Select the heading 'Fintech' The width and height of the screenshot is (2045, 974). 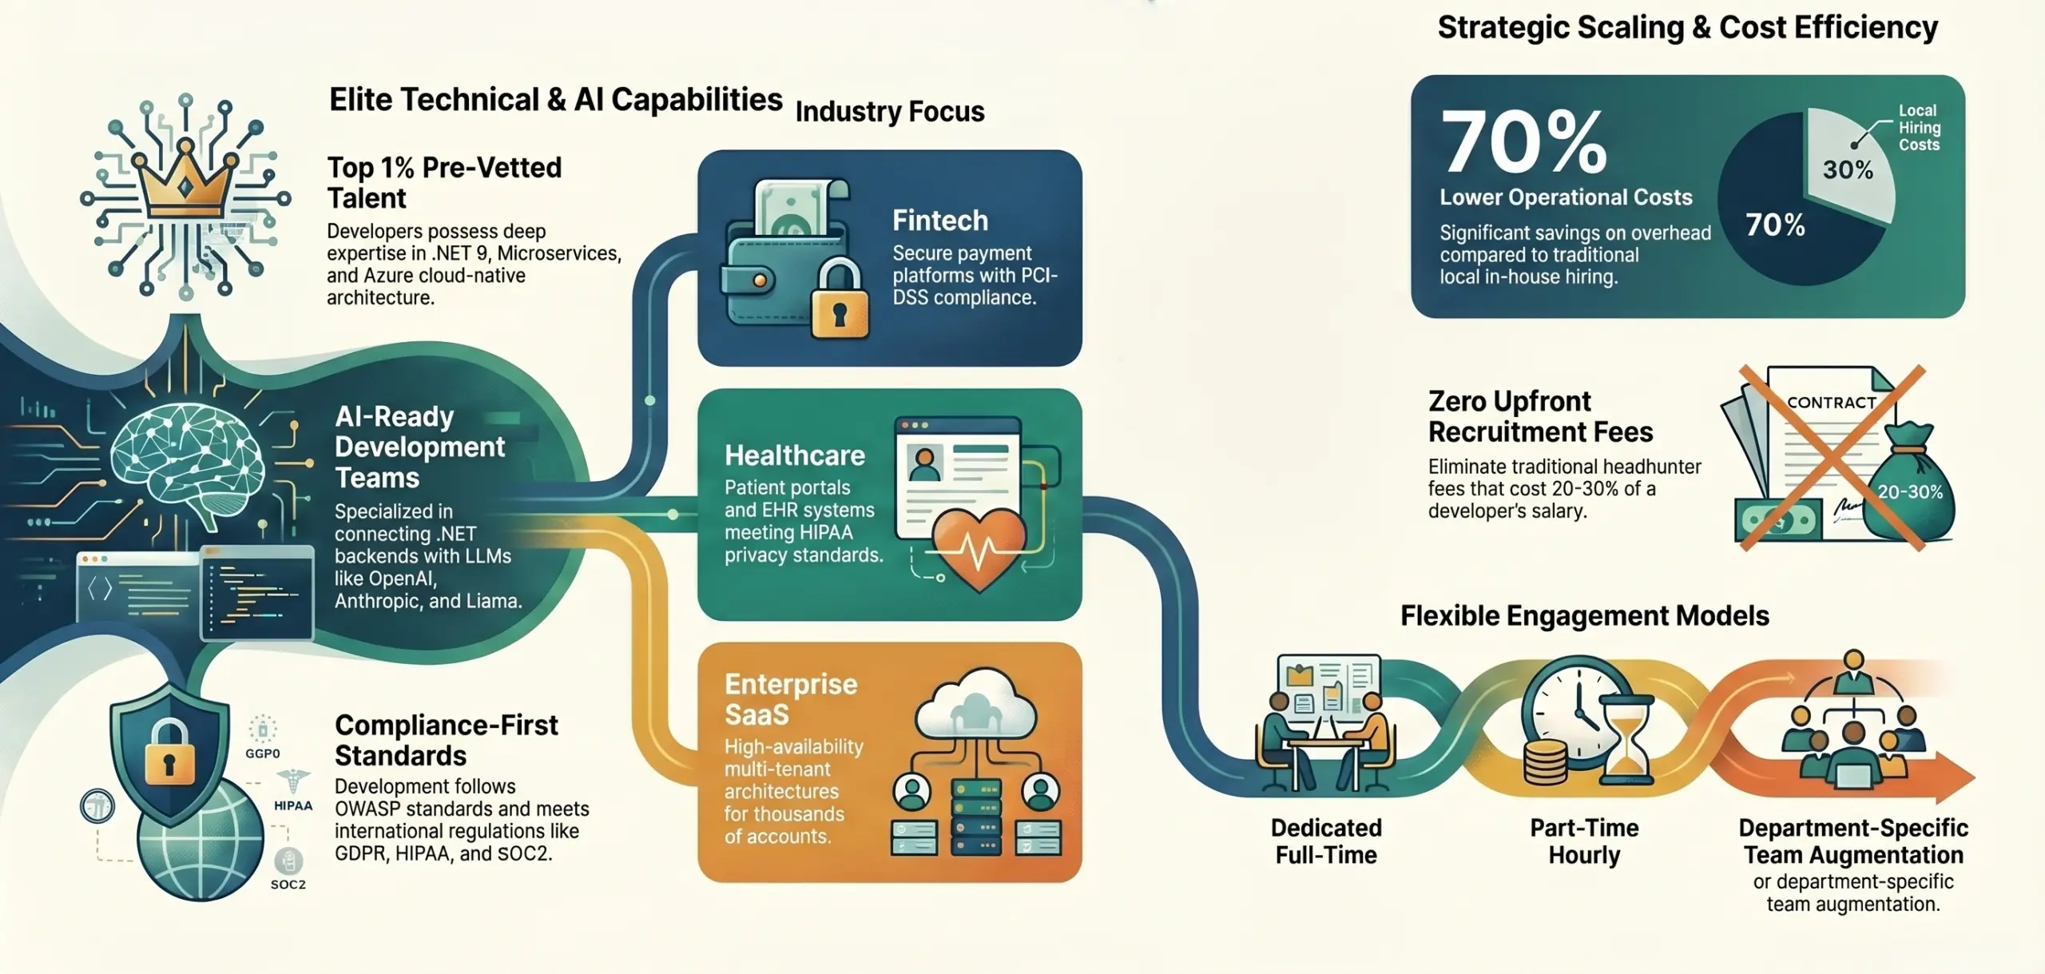point(940,220)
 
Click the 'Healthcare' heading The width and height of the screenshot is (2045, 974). point(795,455)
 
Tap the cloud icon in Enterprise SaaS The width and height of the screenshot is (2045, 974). point(975,704)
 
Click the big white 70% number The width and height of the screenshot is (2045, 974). point(1523,141)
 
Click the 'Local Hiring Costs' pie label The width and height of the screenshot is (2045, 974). point(1919,128)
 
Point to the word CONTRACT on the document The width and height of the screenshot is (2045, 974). point(1832,403)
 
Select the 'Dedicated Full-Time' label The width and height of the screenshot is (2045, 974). point(1326,841)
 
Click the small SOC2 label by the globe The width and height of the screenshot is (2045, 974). point(288,885)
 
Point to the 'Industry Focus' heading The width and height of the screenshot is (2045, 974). point(890,111)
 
